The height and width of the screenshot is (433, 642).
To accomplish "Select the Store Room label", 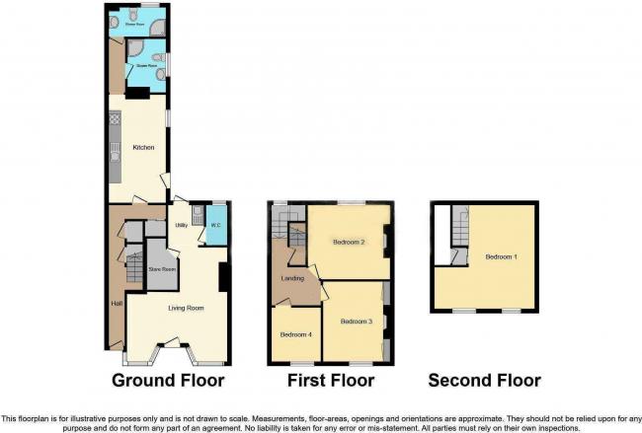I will click(161, 268).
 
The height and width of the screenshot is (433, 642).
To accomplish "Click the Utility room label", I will click(182, 226).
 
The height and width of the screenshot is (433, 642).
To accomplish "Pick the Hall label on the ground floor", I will click(116, 302).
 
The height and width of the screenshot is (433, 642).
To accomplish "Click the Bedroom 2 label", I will click(349, 242).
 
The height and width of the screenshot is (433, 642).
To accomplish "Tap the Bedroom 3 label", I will click(356, 322).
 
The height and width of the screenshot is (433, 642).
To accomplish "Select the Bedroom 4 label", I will click(295, 334).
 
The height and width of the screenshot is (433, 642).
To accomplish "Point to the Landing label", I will click(292, 278).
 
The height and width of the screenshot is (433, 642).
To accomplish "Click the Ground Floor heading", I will click(168, 381).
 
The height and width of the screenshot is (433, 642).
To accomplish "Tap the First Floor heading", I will click(331, 381).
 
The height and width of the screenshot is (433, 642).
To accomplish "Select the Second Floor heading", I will click(484, 381).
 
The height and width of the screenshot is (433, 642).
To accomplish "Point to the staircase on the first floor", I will click(295, 237).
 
